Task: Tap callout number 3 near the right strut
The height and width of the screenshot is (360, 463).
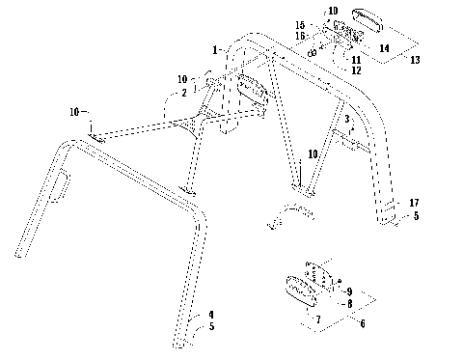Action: pyautogui.click(x=346, y=119)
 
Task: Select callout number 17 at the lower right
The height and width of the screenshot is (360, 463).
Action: pyautogui.click(x=412, y=203)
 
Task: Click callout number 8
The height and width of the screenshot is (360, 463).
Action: pyautogui.click(x=350, y=302)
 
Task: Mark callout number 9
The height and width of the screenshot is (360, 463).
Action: pyautogui.click(x=350, y=291)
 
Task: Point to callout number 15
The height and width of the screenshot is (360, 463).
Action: pyautogui.click(x=299, y=24)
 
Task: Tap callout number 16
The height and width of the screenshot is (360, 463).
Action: pyautogui.click(x=299, y=35)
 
